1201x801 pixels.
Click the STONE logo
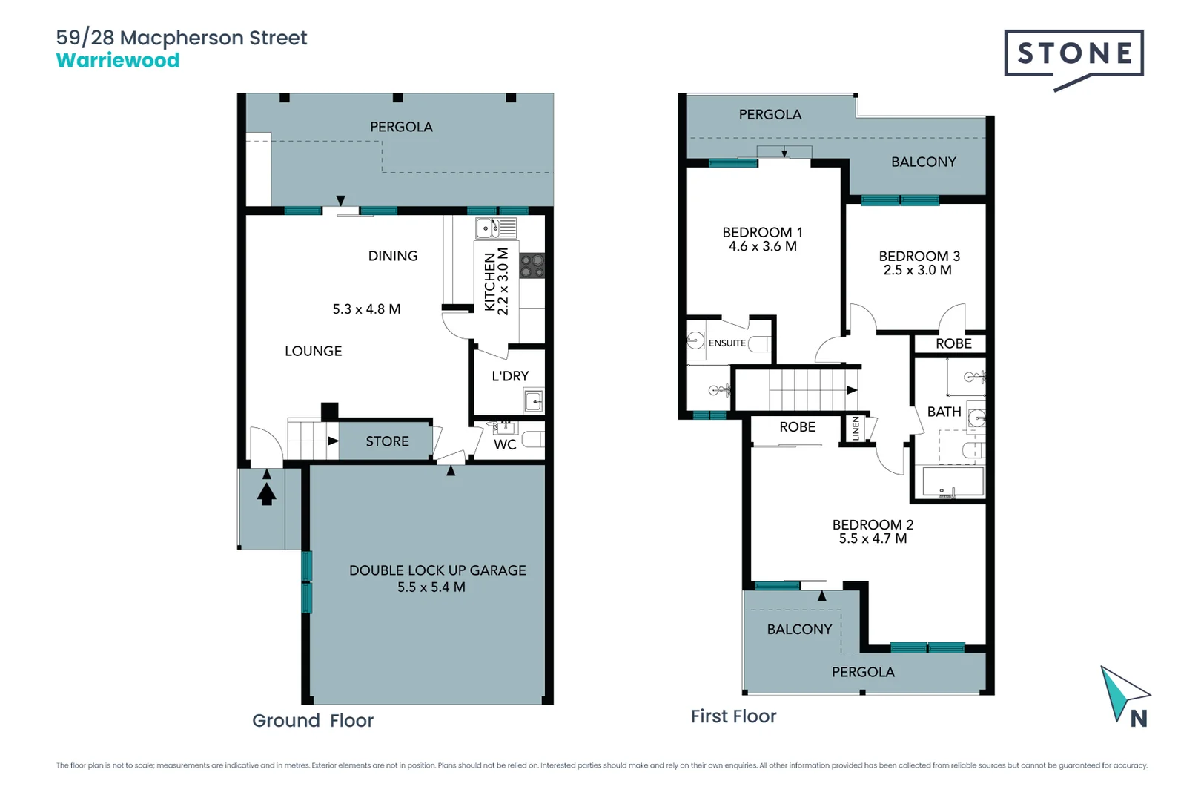(1073, 54)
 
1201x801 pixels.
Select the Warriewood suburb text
(118, 61)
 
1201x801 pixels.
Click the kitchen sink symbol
(487, 228)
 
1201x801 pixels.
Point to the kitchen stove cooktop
(532, 266)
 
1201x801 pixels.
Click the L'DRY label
(510, 376)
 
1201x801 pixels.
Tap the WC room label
(505, 444)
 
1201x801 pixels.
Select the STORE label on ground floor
(387, 441)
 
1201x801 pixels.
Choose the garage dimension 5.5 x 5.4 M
(431, 587)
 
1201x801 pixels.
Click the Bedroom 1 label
(762, 232)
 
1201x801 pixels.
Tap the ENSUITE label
(727, 343)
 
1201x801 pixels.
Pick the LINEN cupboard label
(856, 429)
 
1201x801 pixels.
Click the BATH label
(944, 412)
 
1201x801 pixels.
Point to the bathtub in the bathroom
(953, 482)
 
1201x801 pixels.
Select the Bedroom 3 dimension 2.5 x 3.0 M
(917, 270)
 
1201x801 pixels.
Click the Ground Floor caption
(313, 720)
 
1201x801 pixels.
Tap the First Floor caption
(733, 716)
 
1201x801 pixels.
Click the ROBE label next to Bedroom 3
(953, 343)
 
